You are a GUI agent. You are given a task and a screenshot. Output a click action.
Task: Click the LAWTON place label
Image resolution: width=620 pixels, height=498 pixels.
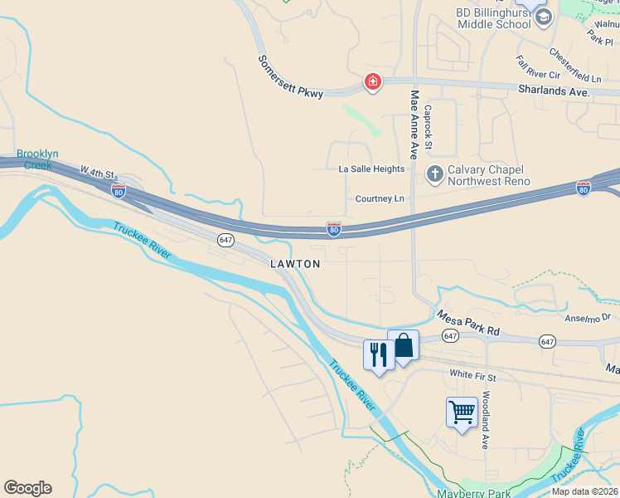[295, 263]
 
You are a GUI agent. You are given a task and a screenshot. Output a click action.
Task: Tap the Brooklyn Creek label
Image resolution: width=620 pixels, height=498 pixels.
[37, 159]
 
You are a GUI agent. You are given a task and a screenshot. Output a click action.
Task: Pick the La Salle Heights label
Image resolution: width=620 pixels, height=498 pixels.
[371, 168]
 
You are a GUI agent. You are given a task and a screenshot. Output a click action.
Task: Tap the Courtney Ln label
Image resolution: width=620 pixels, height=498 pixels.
[380, 198]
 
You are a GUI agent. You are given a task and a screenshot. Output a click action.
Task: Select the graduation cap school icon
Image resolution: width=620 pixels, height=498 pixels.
[543, 17]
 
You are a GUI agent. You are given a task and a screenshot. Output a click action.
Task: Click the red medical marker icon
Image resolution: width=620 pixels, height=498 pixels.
[373, 81]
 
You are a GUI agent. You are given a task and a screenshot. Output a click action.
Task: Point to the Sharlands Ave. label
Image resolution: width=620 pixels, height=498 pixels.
[554, 90]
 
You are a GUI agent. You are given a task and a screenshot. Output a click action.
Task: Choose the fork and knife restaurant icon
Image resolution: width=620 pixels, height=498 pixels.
[379, 354]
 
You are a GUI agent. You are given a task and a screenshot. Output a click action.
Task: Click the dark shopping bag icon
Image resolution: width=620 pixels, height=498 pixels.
[404, 345]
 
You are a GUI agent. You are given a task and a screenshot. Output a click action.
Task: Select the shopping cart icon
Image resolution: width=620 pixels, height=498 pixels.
[462, 412]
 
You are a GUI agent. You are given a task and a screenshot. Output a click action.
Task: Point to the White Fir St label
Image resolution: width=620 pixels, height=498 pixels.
[472, 376]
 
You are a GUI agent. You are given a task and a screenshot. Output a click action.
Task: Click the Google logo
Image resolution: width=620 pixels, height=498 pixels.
[27, 488]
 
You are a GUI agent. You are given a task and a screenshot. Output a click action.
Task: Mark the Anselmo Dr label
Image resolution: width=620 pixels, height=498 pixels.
[586, 316]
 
